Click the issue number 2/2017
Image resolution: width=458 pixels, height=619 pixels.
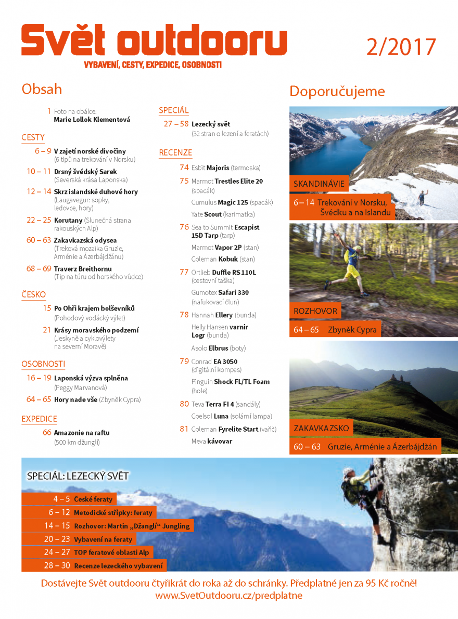click(x=401, y=47)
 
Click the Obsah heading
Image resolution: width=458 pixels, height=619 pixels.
click(x=42, y=89)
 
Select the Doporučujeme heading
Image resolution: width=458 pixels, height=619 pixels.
click(x=337, y=92)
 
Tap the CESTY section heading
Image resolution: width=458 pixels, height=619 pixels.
click(x=33, y=137)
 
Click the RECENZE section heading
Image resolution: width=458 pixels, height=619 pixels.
click(x=175, y=152)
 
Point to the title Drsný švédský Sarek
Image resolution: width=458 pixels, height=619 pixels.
click(x=85, y=171)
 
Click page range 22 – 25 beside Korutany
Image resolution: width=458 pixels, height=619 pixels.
click(x=39, y=220)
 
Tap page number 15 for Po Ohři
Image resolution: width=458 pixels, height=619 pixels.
click(x=47, y=308)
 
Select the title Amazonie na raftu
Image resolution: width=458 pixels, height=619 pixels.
click(x=82, y=432)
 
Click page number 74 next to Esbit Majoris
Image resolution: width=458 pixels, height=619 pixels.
click(x=184, y=167)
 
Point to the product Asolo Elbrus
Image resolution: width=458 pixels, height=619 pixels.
click(x=211, y=348)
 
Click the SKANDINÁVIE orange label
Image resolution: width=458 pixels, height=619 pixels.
click(x=319, y=184)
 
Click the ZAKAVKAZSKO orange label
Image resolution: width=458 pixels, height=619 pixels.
click(x=321, y=429)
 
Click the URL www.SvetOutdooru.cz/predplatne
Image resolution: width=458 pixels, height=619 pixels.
click(x=228, y=596)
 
